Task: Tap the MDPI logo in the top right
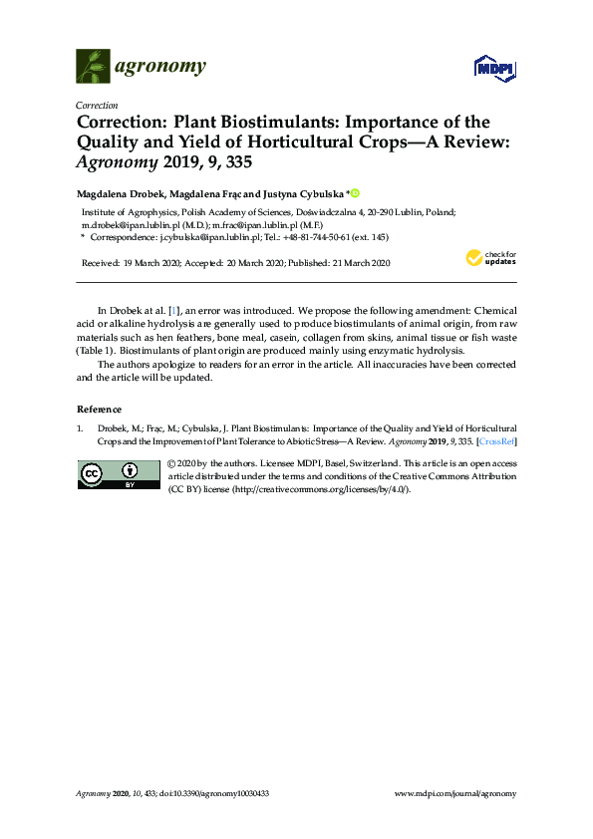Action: [x=494, y=68]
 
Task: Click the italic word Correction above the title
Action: [x=97, y=105]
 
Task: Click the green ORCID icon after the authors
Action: [x=354, y=192]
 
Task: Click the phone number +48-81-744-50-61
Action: [x=315, y=238]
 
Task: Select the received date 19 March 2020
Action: [x=153, y=263]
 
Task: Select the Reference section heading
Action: [x=99, y=410]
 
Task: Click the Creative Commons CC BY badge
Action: [x=119, y=476]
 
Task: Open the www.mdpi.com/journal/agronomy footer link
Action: [x=455, y=793]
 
